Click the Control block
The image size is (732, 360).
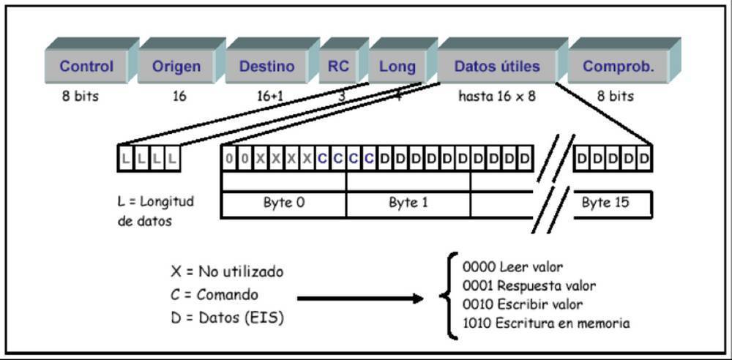86,67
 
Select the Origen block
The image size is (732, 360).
176,67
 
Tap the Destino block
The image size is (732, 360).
266,67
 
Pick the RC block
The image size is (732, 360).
338,67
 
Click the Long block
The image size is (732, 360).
397,67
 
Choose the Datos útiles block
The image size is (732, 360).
497,67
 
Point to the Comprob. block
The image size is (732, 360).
618,67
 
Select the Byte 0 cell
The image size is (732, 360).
283,203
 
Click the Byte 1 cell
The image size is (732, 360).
408,203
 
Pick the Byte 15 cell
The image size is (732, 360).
605,203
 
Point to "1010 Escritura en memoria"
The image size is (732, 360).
546,323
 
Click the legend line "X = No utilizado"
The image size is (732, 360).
227,272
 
